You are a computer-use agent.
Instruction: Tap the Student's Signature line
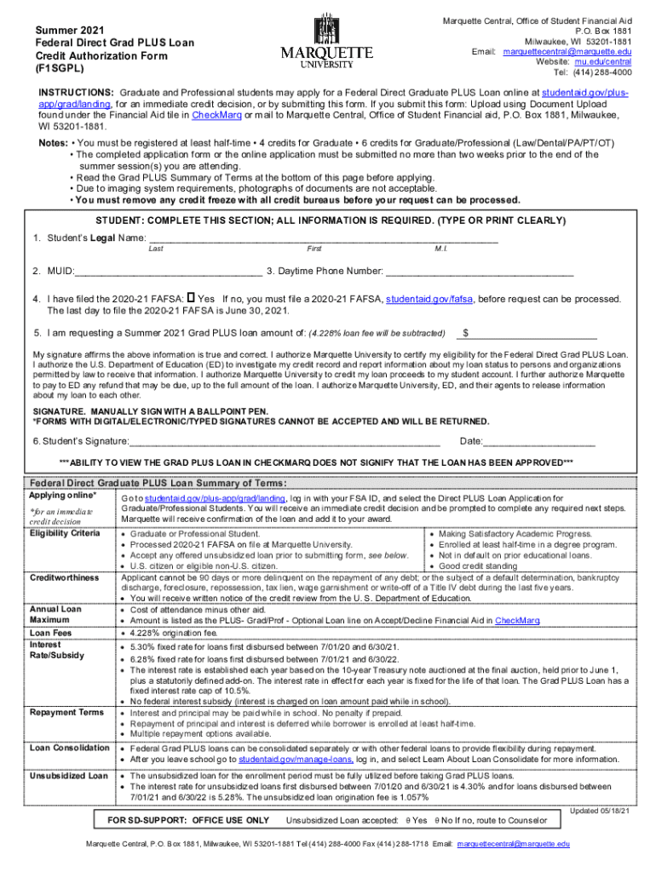(285, 441)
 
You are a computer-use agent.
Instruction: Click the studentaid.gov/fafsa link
(430, 300)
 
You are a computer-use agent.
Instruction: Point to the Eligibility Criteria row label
(64, 533)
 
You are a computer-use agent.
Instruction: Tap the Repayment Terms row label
(66, 712)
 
